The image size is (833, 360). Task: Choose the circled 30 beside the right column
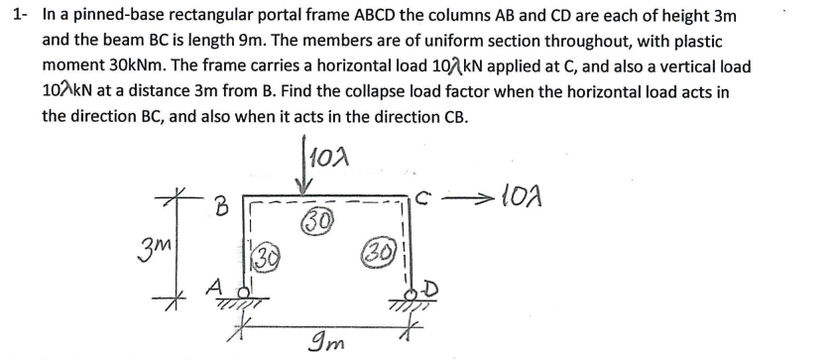382,248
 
